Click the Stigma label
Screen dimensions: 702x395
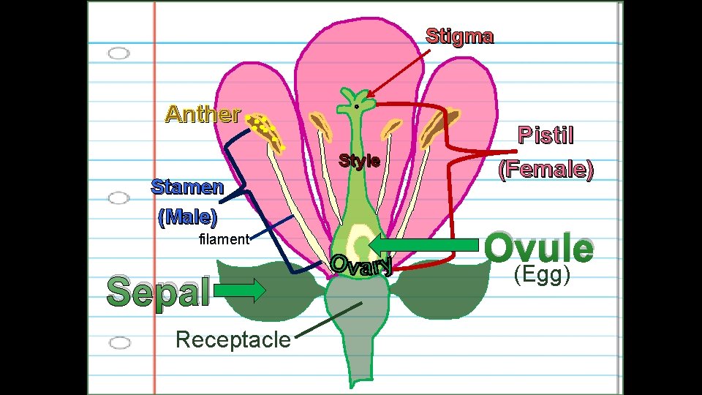[x=459, y=36]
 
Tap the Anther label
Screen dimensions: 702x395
[x=203, y=114]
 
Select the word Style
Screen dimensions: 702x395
[x=359, y=161]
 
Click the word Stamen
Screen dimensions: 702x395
[x=187, y=187]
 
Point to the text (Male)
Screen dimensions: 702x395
[x=187, y=217]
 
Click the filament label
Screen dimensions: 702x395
[x=224, y=239]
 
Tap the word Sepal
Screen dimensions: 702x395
[x=159, y=291]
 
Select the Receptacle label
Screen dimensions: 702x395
[x=233, y=339]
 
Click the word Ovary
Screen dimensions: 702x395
[x=362, y=265]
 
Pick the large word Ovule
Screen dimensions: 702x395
[x=540, y=249]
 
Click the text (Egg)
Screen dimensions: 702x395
[x=541, y=275]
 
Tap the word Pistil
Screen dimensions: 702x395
[x=546, y=136]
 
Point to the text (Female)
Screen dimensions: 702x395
[x=546, y=170]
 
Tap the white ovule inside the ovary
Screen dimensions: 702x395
[x=360, y=241]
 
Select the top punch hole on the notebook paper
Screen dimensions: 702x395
[x=118, y=53]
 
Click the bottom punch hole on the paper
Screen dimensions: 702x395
[x=118, y=342]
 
